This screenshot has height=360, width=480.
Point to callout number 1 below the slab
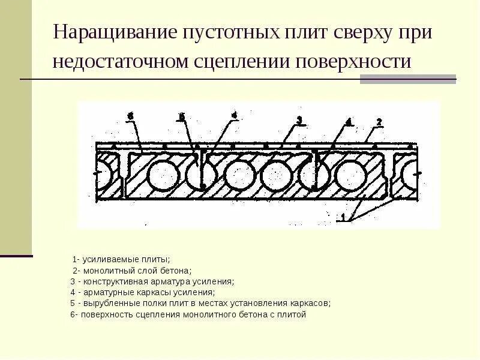[341, 218]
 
